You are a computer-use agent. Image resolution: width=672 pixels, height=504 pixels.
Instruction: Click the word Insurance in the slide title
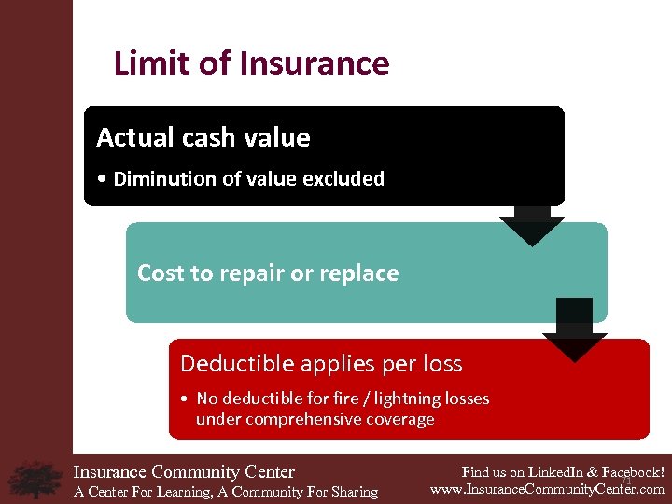(315, 63)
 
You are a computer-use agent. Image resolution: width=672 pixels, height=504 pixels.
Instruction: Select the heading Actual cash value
(203, 138)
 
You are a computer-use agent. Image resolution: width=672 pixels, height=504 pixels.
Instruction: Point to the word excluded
(344, 179)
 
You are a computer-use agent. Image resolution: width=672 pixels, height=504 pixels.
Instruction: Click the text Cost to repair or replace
(268, 273)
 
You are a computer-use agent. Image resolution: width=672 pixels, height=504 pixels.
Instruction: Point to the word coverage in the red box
(400, 419)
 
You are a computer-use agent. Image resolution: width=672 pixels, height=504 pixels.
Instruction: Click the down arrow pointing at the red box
(574, 332)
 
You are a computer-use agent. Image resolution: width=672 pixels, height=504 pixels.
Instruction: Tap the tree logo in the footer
(35, 478)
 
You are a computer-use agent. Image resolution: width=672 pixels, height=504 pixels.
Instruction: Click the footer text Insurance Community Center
(184, 472)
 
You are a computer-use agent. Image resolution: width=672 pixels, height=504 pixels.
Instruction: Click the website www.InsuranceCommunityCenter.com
(547, 488)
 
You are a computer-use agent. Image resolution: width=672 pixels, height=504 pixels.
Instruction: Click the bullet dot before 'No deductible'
(187, 399)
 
